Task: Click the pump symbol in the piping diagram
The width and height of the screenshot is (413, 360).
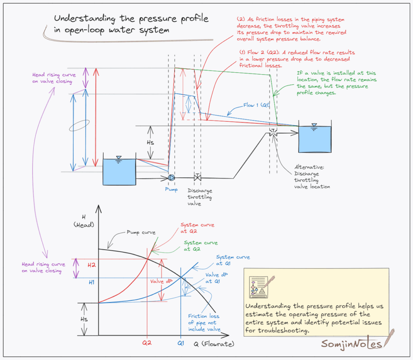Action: pos(171,177)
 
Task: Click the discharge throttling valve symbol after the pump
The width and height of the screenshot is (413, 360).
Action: pos(198,177)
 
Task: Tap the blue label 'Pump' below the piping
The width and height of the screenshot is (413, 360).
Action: pos(171,189)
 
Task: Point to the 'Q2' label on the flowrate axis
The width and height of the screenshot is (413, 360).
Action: pos(147,344)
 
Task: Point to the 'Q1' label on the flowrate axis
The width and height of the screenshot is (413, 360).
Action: pos(180,344)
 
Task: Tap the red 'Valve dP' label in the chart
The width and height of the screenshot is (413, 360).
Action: pos(159,281)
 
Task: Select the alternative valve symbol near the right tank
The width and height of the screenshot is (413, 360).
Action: pos(273,133)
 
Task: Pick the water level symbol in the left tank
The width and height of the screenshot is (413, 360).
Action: pos(119,158)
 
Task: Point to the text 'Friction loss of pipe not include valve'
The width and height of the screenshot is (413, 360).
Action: pos(204,323)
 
